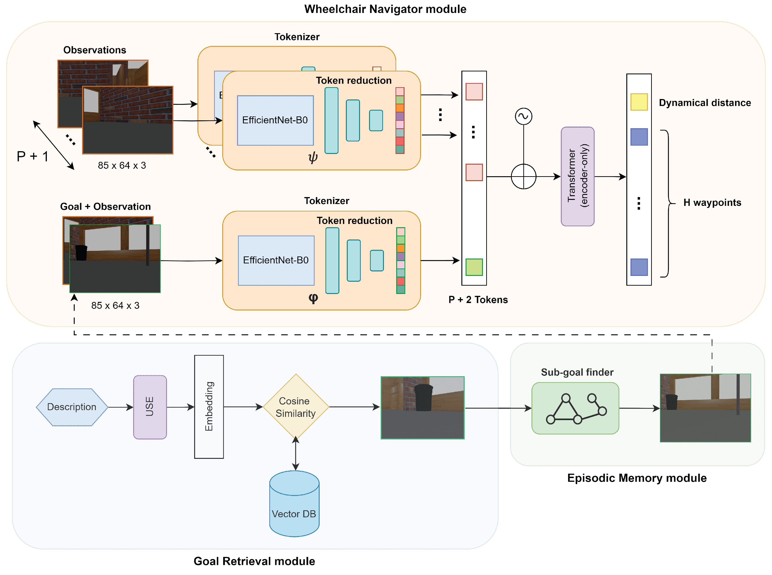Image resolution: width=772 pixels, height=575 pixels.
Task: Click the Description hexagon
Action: tap(72, 407)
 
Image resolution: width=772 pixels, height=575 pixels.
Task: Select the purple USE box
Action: tap(150, 407)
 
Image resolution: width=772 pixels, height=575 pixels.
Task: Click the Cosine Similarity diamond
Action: tap(296, 406)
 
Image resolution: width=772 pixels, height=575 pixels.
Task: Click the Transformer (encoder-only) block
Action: tap(577, 176)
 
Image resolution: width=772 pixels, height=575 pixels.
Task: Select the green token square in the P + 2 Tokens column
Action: tap(474, 267)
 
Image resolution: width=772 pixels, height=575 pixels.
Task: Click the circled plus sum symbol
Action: tap(523, 176)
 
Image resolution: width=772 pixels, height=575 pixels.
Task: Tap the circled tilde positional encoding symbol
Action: tap(523, 116)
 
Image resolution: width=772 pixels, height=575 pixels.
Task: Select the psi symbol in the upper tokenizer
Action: tap(313, 157)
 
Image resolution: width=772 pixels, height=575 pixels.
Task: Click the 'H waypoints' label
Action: tap(712, 203)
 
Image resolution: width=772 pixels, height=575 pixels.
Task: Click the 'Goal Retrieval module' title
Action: tap(254, 561)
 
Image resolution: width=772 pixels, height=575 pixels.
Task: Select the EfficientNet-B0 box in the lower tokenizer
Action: tap(276, 260)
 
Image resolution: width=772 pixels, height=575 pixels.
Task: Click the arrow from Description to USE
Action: tap(120, 407)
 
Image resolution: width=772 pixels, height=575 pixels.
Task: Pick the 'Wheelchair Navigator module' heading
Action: tap(385, 9)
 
